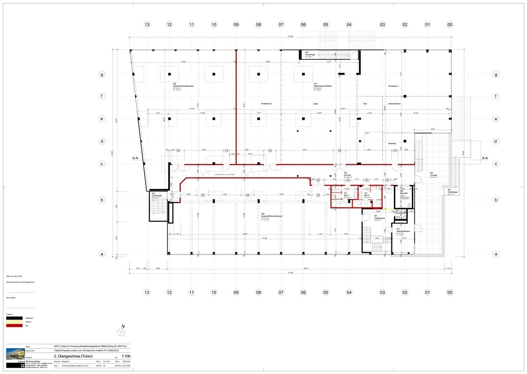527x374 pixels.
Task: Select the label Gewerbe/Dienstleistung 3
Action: [183, 86]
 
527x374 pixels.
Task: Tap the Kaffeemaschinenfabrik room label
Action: [323, 86]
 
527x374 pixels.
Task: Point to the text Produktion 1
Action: [393, 86]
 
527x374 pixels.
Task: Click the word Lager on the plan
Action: [315, 104]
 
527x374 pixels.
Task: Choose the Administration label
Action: [394, 104]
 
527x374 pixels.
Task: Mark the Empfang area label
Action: [392, 143]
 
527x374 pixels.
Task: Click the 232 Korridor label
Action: [347, 175]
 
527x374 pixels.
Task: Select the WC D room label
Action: [346, 195]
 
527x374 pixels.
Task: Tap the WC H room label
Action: [366, 195]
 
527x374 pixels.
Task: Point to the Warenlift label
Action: [404, 193]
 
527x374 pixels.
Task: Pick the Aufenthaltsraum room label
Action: [403, 231]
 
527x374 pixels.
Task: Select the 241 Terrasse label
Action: [434, 175]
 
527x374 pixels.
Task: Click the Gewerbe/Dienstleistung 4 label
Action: [272, 216]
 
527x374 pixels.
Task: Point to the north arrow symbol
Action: [122, 331]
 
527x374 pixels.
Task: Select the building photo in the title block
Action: [15, 353]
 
